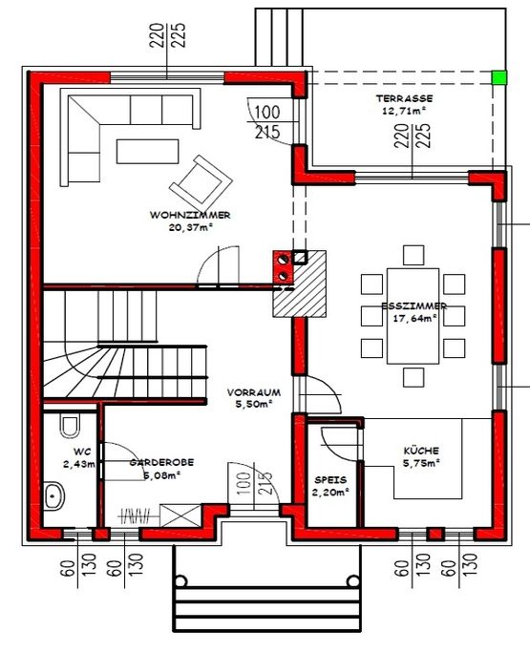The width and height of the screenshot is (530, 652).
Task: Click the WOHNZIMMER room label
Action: pyautogui.click(x=190, y=215)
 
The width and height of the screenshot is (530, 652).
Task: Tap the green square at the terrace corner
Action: pyautogui.click(x=499, y=77)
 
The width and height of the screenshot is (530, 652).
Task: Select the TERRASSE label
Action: pyautogui.click(x=404, y=98)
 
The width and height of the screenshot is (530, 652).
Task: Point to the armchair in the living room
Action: pyautogui.click(x=201, y=182)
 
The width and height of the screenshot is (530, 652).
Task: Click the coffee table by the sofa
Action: pyautogui.click(x=148, y=152)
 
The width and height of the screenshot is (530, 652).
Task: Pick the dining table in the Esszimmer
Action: pyautogui.click(x=413, y=316)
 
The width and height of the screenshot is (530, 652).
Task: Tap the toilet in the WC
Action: pyautogui.click(x=70, y=426)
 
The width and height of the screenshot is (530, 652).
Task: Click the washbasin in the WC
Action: pyautogui.click(x=54, y=495)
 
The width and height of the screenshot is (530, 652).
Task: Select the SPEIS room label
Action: pyautogui.click(x=330, y=480)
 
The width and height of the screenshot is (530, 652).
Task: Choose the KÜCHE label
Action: pyautogui.click(x=421, y=451)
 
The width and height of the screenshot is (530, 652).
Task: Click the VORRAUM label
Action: pyautogui.click(x=254, y=392)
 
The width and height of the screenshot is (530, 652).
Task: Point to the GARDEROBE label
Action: pyautogui.click(x=161, y=462)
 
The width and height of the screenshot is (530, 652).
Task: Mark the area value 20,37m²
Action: pyautogui.click(x=191, y=227)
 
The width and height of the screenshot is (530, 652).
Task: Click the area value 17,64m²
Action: pyautogui.click(x=414, y=319)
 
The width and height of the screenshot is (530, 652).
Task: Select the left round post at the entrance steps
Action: pyautogui.click(x=180, y=581)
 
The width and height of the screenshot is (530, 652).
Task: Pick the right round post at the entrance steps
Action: pyautogui.click(x=352, y=580)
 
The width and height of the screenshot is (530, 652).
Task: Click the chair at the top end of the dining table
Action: pyautogui.click(x=413, y=255)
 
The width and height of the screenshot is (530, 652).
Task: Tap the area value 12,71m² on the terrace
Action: pyautogui.click(x=404, y=111)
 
